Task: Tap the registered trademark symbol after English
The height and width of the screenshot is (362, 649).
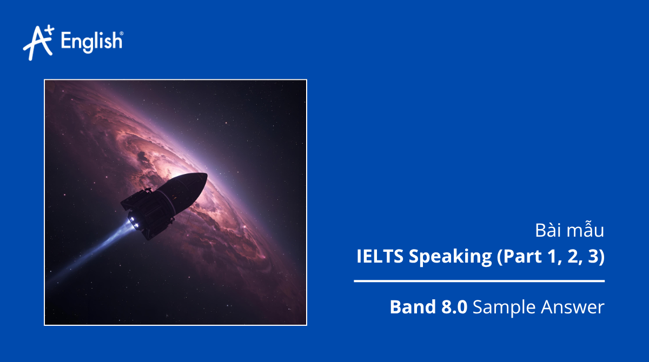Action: point(121,33)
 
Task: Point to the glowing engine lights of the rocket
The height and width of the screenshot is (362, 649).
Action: point(133,222)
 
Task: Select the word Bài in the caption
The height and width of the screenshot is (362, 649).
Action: point(546,231)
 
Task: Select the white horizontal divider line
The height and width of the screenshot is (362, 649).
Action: point(479,281)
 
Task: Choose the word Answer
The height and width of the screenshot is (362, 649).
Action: point(572,307)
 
